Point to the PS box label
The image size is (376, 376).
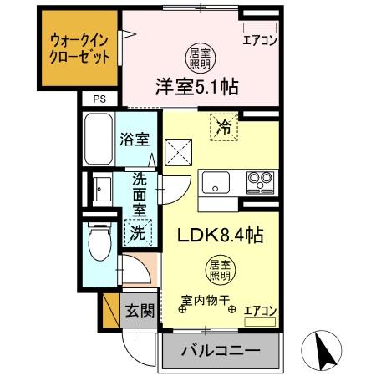[99, 99]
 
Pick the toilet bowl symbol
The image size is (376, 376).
[99, 246]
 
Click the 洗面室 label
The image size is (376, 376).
[138, 196]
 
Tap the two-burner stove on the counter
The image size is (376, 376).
[260, 180]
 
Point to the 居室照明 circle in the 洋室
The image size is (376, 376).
[199, 56]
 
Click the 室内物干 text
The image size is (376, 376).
[206, 302]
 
